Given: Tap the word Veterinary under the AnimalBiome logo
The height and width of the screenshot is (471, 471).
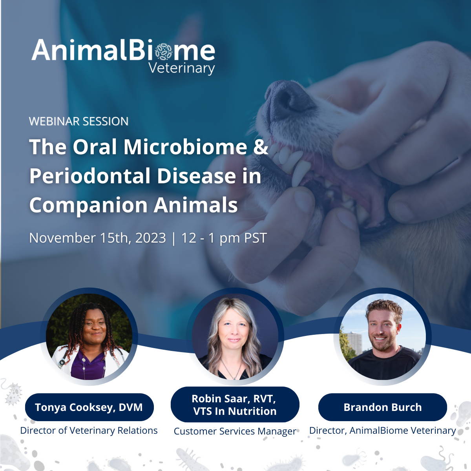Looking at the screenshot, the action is pyautogui.click(x=182, y=68).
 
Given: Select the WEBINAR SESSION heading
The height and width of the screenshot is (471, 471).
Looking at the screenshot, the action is pyautogui.click(x=79, y=121).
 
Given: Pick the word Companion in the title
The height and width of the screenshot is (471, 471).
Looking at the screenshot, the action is pyautogui.click(x=88, y=205).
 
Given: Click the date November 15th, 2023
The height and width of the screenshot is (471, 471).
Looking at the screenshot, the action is pyautogui.click(x=97, y=237).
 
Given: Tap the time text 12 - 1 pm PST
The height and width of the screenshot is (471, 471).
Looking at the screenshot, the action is pyautogui.click(x=224, y=238).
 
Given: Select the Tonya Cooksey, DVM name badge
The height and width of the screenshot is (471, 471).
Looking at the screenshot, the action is pyautogui.click(x=89, y=407).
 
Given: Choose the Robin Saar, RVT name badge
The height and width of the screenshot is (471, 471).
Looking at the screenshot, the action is pyautogui.click(x=235, y=405).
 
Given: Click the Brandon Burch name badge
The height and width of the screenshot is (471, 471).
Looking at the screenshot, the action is pyautogui.click(x=383, y=407).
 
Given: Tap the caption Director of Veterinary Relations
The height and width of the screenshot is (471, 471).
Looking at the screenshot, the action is pyautogui.click(x=89, y=431).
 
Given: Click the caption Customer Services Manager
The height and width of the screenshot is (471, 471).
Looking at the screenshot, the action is pyautogui.click(x=235, y=431).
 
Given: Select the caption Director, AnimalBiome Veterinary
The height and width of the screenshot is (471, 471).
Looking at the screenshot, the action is pyautogui.click(x=383, y=431).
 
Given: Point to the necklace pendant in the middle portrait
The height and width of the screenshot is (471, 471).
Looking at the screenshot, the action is pyautogui.click(x=234, y=378).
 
